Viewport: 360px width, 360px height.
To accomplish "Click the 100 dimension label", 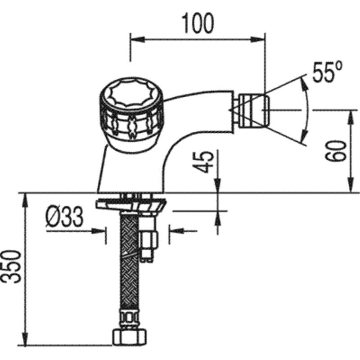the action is point(198,23).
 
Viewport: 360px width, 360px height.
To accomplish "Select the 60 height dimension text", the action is point(336,151).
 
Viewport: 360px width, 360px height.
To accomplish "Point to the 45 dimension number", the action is point(203,162).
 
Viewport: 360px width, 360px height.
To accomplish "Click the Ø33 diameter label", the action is point(64,216).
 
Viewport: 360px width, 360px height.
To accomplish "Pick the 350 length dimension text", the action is point(11,266).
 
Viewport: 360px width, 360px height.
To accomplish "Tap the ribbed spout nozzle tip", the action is point(254,111).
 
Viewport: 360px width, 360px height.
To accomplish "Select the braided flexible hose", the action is point(129,262).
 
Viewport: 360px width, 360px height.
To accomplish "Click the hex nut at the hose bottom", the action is point(129,337).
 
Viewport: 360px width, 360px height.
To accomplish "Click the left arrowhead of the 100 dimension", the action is point(137,40).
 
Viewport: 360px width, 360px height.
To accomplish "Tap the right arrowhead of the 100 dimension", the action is point(258,40).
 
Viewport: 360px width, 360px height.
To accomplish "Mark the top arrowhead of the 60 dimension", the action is point(351,117).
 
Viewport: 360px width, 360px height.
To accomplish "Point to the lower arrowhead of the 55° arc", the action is point(304,136).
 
